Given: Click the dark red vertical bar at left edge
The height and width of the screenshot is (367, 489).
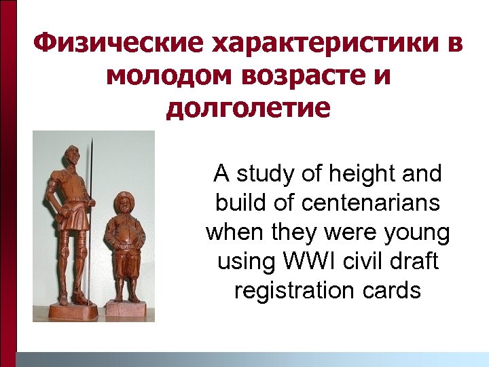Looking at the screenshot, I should [x=7, y=183].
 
